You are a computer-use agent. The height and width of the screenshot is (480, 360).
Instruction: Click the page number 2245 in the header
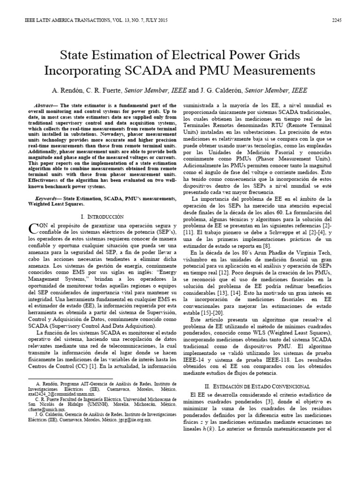(337, 20)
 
